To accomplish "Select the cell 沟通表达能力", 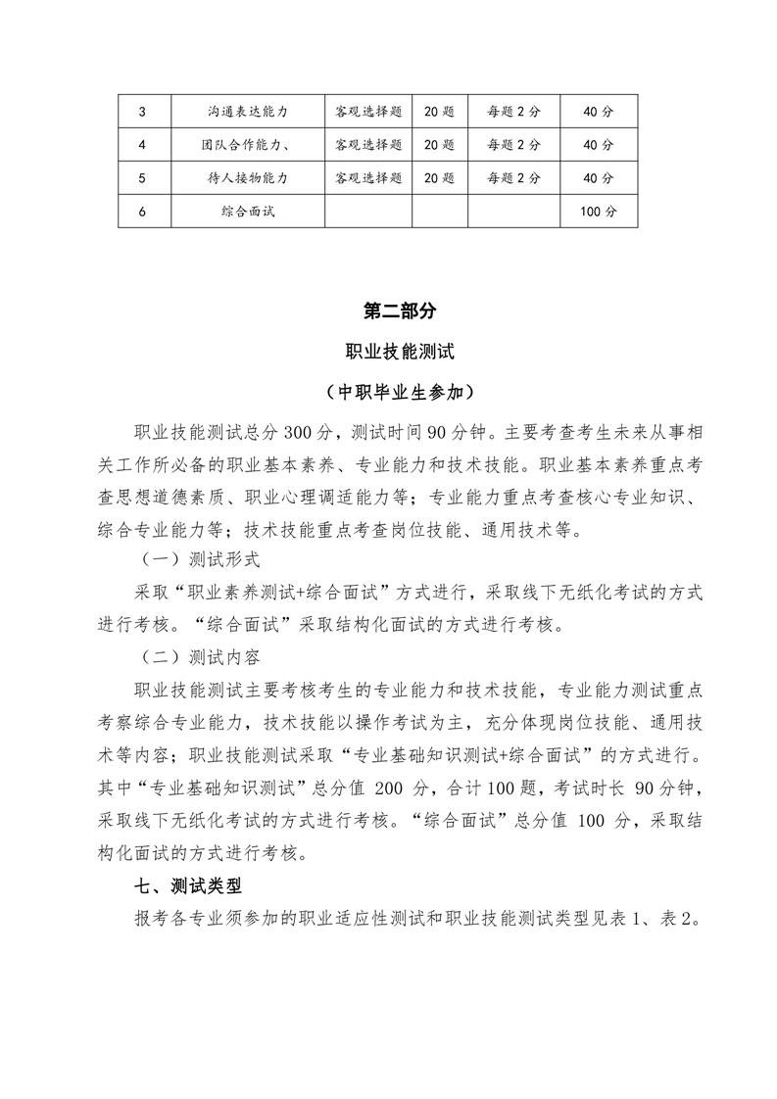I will coord(247,112).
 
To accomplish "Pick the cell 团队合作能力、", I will coord(247,145).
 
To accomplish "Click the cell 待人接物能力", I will coord(247,177).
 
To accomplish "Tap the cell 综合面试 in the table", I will coord(247,211).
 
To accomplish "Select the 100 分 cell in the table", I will coord(598,211).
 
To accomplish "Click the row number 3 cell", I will coord(143,112).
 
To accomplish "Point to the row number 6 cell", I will coord(143,211).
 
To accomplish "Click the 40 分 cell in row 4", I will coord(598,145).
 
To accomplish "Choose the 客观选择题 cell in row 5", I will coord(368,177).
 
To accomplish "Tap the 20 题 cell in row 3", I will coord(440,112).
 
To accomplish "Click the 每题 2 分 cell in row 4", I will coord(513,145).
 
